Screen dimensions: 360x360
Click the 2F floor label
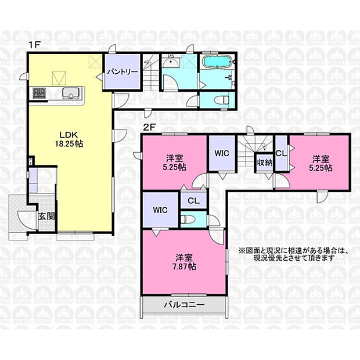148,125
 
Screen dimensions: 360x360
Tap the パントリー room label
122,72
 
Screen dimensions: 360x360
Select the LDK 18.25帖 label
69,138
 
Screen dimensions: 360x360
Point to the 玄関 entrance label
46,217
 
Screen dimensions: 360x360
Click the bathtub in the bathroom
217,62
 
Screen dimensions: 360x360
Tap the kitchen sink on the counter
70,93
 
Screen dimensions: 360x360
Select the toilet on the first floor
221,100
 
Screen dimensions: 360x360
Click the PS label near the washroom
171,56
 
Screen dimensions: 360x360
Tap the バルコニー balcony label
179,304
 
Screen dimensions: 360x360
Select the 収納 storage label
264,163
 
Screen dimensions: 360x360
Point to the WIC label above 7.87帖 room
161,210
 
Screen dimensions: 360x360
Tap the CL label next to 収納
280,153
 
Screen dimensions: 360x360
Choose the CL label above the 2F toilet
193,200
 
